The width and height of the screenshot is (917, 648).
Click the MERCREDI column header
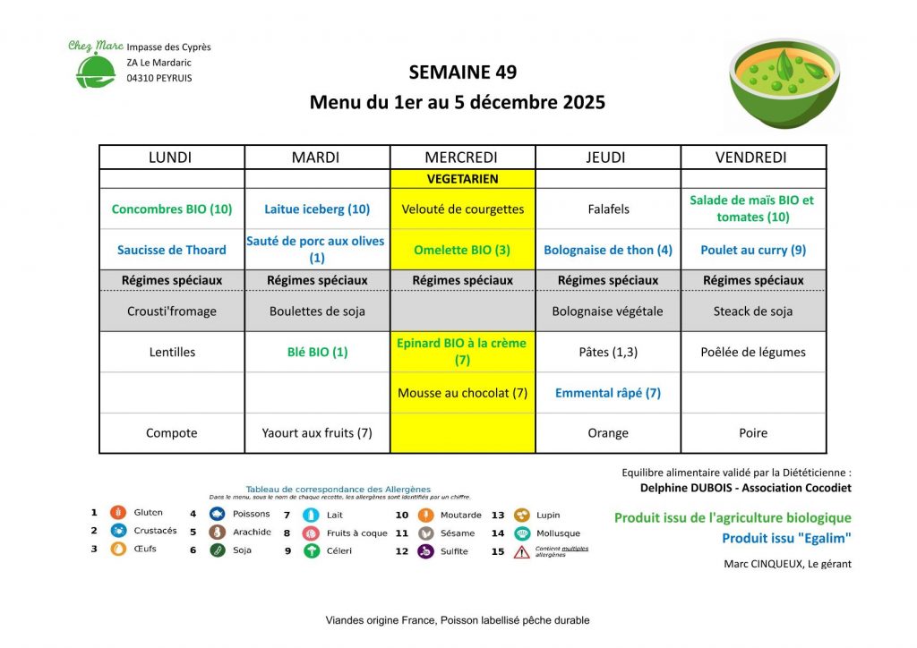(x=462, y=158)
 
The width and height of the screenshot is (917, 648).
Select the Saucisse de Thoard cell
(x=171, y=251)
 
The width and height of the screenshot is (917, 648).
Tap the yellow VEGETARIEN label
(x=462, y=179)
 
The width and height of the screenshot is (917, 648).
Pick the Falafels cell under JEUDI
(x=608, y=209)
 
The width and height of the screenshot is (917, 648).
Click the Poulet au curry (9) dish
(x=753, y=251)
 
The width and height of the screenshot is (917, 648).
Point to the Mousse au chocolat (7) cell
(x=462, y=393)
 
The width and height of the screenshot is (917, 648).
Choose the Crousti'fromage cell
(x=171, y=311)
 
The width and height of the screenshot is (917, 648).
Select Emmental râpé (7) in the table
(x=608, y=393)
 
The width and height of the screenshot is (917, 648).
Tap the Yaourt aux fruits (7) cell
(x=316, y=433)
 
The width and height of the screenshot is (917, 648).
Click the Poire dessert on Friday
(x=753, y=433)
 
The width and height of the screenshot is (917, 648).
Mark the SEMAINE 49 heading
(x=462, y=72)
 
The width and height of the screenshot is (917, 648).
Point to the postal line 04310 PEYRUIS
(x=159, y=78)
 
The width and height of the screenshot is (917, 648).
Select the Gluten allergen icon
(x=117, y=513)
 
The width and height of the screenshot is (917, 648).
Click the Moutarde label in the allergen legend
(x=461, y=515)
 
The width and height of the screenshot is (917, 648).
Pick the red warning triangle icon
(x=521, y=552)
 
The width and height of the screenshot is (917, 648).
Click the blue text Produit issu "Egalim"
(x=786, y=538)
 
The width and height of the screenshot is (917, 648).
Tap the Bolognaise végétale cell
(x=608, y=311)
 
